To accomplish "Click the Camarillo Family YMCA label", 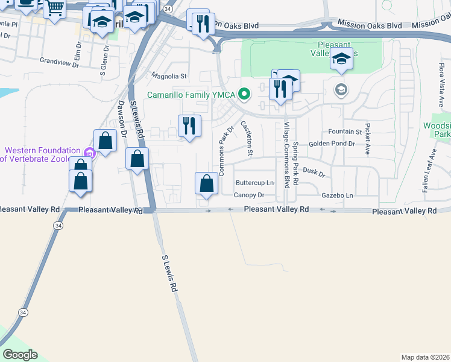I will click(x=192, y=94).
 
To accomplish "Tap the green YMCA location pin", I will click(x=244, y=94).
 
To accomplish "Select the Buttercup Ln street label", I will click(x=254, y=182).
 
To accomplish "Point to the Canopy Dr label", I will click(x=249, y=195).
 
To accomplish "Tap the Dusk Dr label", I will click(x=314, y=173).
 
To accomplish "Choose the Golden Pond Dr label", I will click(x=332, y=144).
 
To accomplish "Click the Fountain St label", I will click(x=345, y=132).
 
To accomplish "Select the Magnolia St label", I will click(x=169, y=77).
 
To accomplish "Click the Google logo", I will click(x=19, y=355).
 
